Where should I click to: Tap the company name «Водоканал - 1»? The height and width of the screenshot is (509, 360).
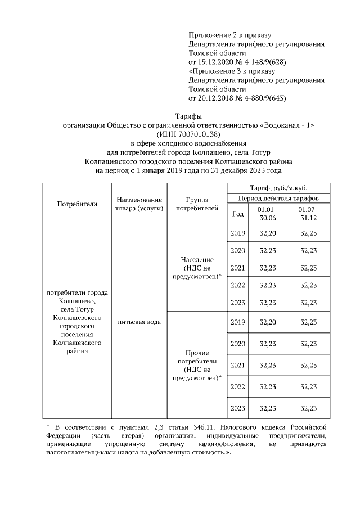pos(287,125)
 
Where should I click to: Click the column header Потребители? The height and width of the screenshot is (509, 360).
pos(77,204)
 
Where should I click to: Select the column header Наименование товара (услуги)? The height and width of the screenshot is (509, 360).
pos(139,204)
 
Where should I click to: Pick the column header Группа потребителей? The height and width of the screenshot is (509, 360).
pos(197,204)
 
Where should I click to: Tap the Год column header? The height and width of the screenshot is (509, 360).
pos(238,214)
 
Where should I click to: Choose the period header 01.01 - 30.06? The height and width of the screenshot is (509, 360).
pos(267,214)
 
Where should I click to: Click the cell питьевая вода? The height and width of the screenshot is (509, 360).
pos(139,322)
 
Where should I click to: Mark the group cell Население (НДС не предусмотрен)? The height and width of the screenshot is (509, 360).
pos(197,268)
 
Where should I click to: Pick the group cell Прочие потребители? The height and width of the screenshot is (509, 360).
pos(197,365)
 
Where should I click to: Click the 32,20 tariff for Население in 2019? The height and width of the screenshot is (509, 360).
pos(267,233)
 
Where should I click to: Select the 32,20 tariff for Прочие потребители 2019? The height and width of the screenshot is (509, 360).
pos(267,322)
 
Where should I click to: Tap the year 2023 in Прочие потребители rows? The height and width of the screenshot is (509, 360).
pos(238,408)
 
